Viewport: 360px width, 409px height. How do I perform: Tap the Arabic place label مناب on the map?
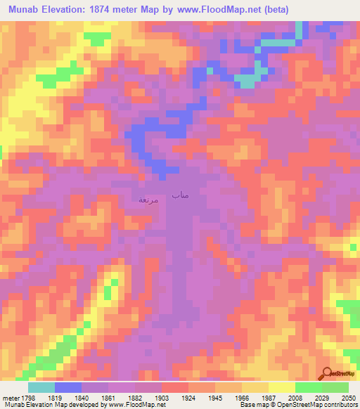[x=180, y=195]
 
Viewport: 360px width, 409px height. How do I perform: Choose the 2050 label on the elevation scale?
[x=349, y=397]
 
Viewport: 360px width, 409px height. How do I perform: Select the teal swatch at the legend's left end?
[x=41, y=387]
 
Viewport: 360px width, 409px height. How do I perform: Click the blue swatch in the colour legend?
[x=68, y=387]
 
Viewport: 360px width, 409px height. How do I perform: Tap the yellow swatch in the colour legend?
[x=282, y=387]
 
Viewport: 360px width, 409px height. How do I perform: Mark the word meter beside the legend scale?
[x=10, y=397]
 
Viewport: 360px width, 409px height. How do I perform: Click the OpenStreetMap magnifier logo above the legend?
[x=328, y=373]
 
